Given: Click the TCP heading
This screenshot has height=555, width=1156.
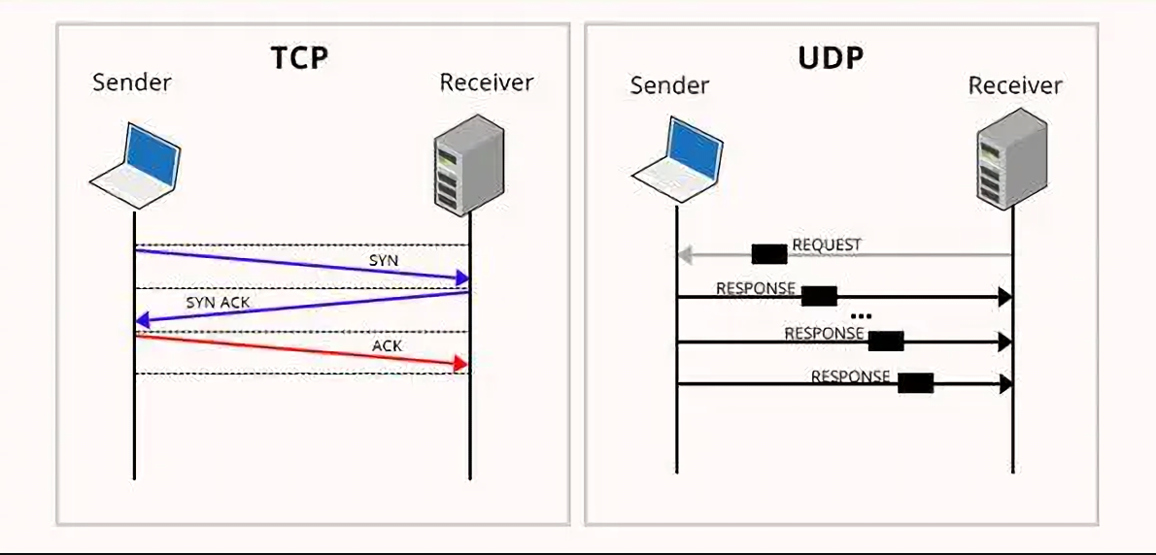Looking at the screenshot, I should pyautogui.click(x=298, y=57).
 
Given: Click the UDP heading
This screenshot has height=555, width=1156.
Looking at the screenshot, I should pyautogui.click(x=831, y=58).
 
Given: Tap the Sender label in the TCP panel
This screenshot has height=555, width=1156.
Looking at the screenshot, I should pyautogui.click(x=132, y=82).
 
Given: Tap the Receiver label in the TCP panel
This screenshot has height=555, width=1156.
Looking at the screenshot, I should pyautogui.click(x=487, y=82).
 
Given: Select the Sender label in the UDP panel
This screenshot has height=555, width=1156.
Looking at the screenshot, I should pyautogui.click(x=669, y=85).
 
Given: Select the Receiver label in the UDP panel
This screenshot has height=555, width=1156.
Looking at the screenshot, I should pyautogui.click(x=1015, y=85).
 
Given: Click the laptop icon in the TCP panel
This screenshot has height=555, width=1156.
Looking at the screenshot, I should pyautogui.click(x=137, y=165).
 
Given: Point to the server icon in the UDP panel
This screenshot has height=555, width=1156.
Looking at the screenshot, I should pyautogui.click(x=1011, y=161).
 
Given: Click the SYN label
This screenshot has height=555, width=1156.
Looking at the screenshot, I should pyautogui.click(x=384, y=261).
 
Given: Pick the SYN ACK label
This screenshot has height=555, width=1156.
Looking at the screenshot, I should pyautogui.click(x=218, y=303).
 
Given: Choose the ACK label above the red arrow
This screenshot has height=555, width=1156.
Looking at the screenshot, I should pyautogui.click(x=387, y=345).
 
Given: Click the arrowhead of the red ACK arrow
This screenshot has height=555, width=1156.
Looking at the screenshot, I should pyautogui.click(x=460, y=363).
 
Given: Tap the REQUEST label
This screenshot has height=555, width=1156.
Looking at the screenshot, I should pyautogui.click(x=827, y=245).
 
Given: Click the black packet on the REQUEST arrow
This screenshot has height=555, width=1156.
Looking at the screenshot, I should pyautogui.click(x=769, y=254).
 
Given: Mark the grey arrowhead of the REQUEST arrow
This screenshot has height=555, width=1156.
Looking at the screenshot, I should pyautogui.click(x=684, y=255).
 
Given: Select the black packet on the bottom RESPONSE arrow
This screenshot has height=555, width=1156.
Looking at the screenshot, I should pyautogui.click(x=915, y=383).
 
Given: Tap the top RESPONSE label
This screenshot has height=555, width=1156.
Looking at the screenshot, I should pyautogui.click(x=756, y=288).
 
